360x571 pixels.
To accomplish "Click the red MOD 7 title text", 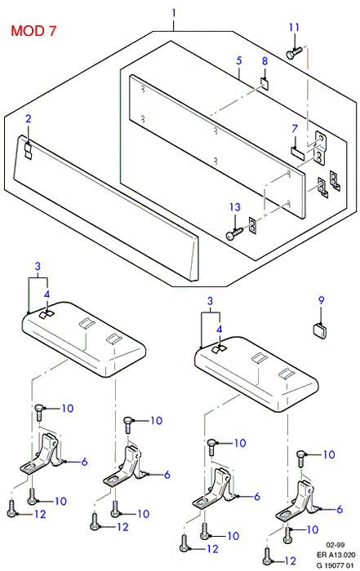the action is pyautogui.click(x=33, y=31).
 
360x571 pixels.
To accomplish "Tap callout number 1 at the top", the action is pyautogui.click(x=174, y=13).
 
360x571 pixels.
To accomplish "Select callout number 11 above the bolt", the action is pyautogui.click(x=294, y=27).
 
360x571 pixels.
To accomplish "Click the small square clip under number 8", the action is pyautogui.click(x=265, y=83).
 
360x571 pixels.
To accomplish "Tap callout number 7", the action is pyautogui.click(x=295, y=129).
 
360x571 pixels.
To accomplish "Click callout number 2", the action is pyautogui.click(x=28, y=119).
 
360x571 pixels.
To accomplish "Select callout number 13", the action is pyautogui.click(x=235, y=207).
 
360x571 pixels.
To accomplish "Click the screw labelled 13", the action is pyautogui.click(x=234, y=234).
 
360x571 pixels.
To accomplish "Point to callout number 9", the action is pyautogui.click(x=321, y=300).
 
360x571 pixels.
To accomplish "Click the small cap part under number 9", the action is pyautogui.click(x=320, y=330).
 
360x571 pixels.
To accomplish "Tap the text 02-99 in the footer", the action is pyautogui.click(x=336, y=545).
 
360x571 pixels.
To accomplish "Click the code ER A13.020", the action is pyautogui.click(x=336, y=555).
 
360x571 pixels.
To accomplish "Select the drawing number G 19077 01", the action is pyautogui.click(x=336, y=565).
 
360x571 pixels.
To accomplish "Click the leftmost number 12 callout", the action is pyautogui.click(x=40, y=514).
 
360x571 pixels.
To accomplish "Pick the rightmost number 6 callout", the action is pyautogui.click(x=340, y=509).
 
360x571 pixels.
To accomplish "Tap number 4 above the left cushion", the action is pyautogui.click(x=47, y=294).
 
